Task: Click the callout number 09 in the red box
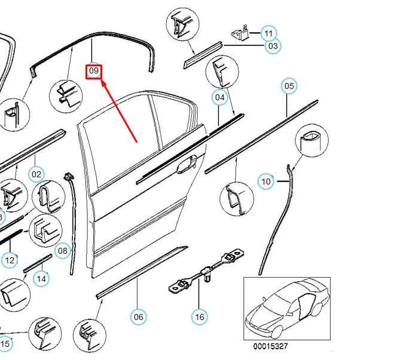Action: tap(94, 71)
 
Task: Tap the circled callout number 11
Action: tap(269, 33)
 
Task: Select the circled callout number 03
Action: tap(273, 45)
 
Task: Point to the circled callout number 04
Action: tap(220, 97)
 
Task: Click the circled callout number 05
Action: tap(289, 87)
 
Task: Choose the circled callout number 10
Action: tap(266, 181)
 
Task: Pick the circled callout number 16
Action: tap(200, 316)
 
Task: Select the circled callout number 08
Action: tap(63, 251)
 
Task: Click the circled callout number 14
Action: tap(41, 278)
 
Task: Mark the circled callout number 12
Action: tap(10, 260)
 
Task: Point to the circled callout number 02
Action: tap(37, 174)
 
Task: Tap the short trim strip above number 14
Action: tap(38, 263)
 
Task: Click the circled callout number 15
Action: tap(5, 344)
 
